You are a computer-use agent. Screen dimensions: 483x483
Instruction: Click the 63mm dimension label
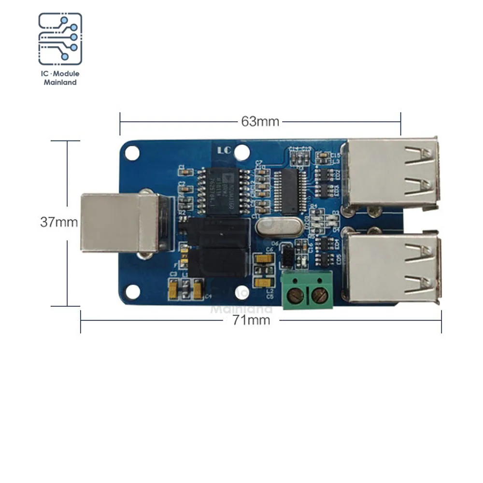(260, 121)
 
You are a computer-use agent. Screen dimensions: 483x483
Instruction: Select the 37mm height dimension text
(58, 222)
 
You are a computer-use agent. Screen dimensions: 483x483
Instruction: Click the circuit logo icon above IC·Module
(60, 39)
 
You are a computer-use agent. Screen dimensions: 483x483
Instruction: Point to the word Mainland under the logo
(60, 83)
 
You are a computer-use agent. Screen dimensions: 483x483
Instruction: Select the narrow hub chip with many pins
(290, 191)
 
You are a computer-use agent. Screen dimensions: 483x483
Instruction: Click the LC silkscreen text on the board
(224, 151)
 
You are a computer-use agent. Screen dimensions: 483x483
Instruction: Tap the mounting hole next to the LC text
(242, 153)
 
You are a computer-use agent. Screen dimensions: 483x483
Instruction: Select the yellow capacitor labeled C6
(264, 259)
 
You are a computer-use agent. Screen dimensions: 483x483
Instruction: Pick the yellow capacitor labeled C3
(173, 288)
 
